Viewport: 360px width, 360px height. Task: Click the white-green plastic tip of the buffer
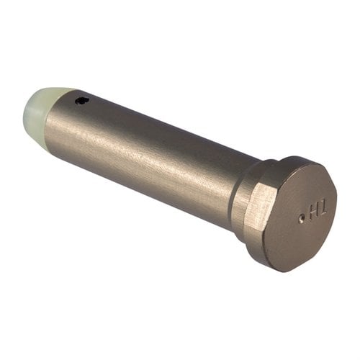point(45,112)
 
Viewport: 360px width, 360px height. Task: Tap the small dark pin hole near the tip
point(84,101)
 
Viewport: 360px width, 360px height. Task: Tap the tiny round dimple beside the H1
point(301,219)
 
